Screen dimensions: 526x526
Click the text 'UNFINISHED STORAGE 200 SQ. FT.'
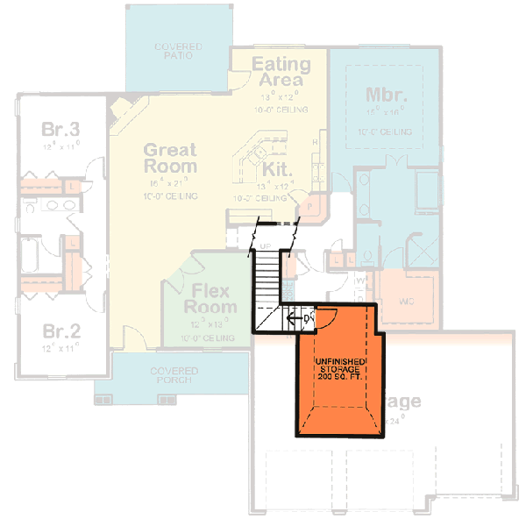click(x=338, y=370)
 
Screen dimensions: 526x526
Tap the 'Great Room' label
click(x=170, y=158)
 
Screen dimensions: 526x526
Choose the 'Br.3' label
click(x=60, y=131)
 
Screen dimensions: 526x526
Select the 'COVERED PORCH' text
click(x=174, y=376)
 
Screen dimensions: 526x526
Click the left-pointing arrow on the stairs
click(x=289, y=318)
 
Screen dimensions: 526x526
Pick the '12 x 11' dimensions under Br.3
click(x=60, y=147)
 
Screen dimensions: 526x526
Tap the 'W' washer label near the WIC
click(x=359, y=281)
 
